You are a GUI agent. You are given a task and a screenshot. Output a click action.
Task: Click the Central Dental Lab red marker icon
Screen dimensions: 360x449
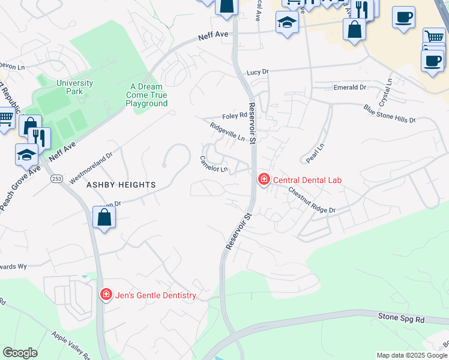263,179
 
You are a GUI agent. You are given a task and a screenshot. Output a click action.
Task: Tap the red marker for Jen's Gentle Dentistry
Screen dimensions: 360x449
106,295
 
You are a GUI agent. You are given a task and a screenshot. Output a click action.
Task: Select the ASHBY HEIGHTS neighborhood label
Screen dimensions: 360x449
121,185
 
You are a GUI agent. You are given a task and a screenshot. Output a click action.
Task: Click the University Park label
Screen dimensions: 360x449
74,87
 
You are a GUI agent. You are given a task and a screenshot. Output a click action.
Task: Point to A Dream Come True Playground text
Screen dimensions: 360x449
146,95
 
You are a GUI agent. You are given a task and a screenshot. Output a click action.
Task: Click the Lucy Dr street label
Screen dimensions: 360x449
257,72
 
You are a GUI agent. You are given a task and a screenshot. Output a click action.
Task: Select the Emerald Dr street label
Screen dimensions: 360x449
349,88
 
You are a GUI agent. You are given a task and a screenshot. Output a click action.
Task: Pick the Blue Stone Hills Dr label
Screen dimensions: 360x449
389,114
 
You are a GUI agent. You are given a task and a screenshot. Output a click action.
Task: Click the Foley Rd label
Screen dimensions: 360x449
235,115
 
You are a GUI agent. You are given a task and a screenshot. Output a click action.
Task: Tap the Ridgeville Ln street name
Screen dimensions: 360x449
228,133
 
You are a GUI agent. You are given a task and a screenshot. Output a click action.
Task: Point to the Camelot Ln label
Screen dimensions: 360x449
214,164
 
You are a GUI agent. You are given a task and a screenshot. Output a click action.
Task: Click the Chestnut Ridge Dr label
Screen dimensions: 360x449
311,200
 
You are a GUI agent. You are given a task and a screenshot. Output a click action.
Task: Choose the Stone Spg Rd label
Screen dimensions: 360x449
400,317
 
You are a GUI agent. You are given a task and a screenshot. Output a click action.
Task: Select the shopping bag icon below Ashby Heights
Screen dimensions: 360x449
104,218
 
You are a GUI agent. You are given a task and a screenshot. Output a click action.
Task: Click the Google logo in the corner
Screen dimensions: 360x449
20,353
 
